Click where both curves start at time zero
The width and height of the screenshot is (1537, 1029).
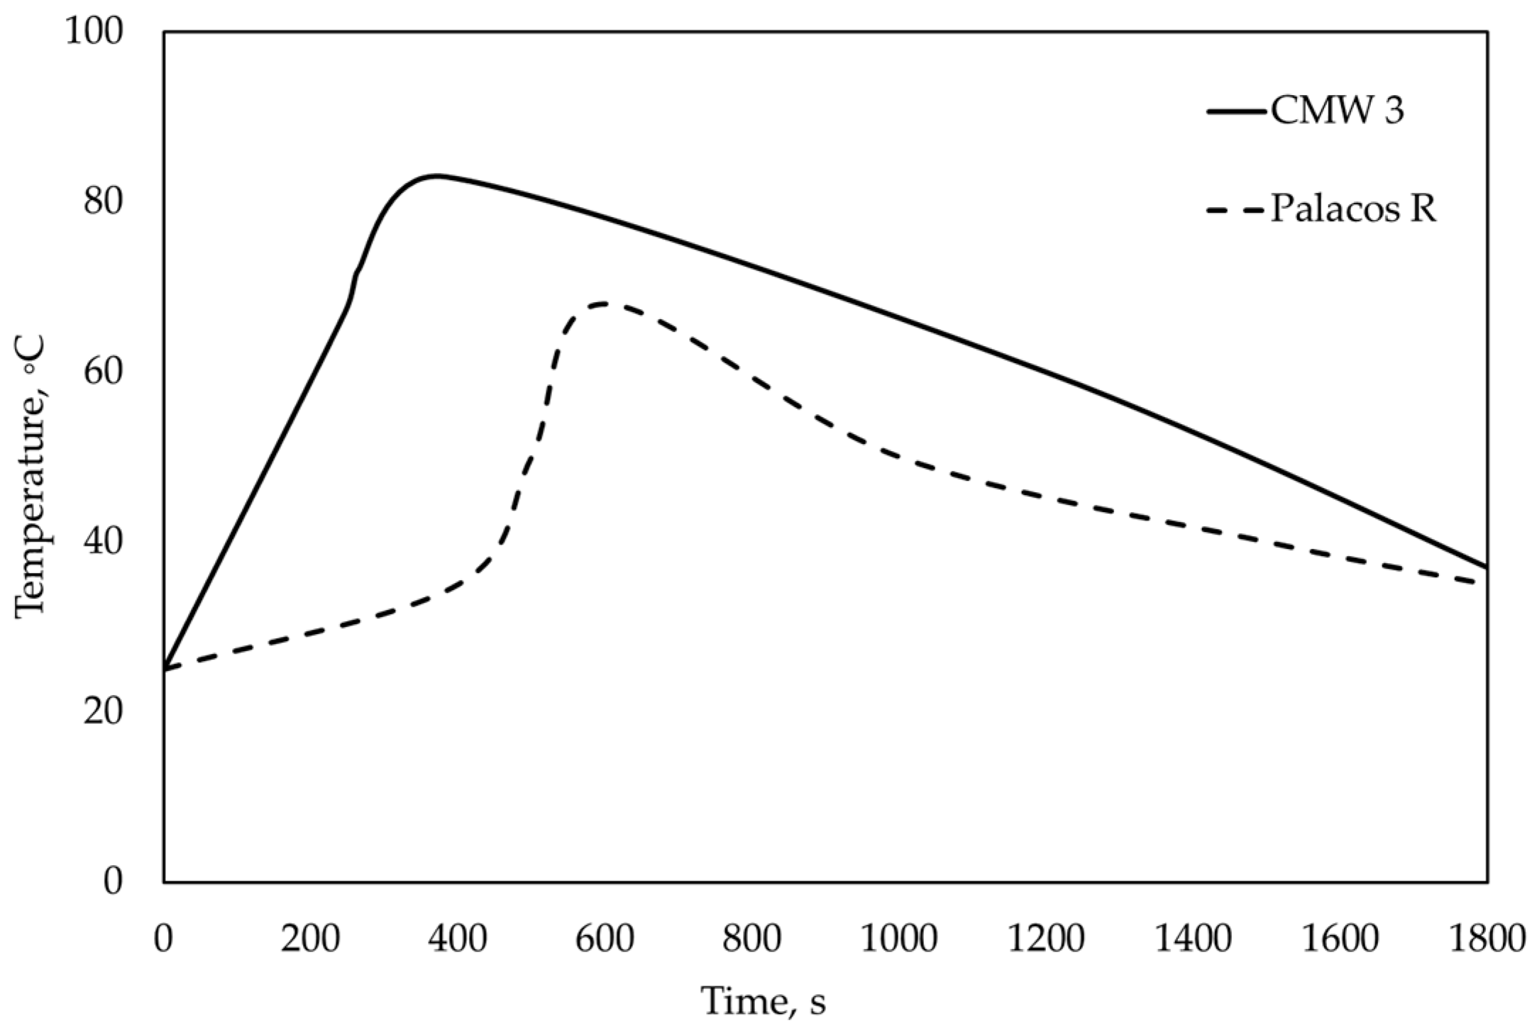[165, 669]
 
